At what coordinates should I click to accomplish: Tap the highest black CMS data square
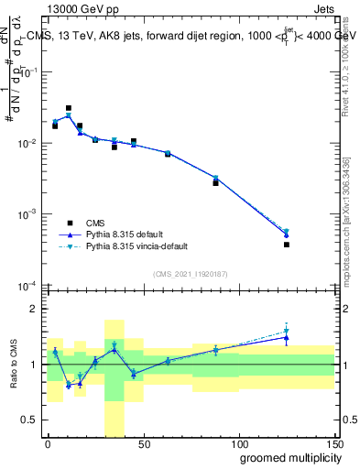tap(69, 108)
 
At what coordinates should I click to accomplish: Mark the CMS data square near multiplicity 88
tap(216, 183)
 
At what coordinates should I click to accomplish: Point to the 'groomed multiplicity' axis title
tap(280, 457)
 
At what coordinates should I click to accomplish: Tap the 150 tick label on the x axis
tap(334, 443)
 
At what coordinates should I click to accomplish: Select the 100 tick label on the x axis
tap(238, 443)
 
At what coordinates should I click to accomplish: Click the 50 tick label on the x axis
tap(143, 443)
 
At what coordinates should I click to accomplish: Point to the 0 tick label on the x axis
tap(48, 443)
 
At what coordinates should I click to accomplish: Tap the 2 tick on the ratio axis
tap(35, 309)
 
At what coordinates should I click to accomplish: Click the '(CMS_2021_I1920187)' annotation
tap(190, 274)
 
